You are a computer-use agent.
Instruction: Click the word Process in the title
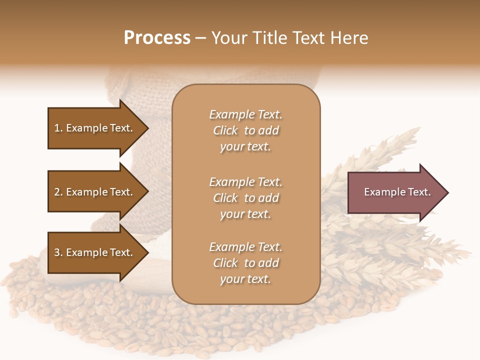157,38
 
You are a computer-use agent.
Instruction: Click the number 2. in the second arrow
58,192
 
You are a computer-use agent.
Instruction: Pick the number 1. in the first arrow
58,128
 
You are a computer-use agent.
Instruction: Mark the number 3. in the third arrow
58,252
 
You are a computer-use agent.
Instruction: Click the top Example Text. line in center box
245,114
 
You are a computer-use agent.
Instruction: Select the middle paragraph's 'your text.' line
245,214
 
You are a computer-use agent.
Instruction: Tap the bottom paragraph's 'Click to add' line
245,263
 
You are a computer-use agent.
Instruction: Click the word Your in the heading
229,38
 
